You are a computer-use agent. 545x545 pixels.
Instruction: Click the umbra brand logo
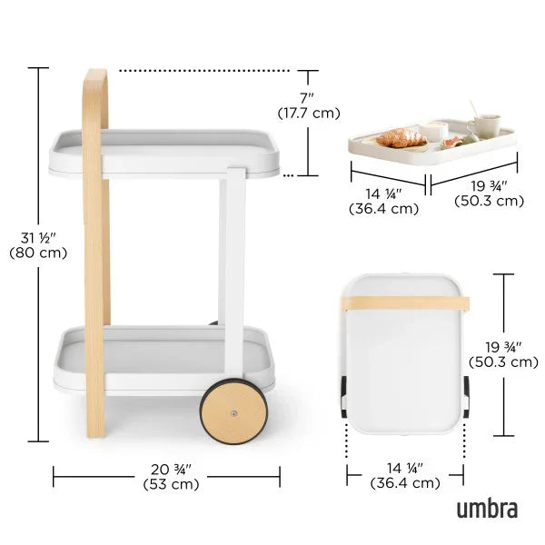click(487, 508)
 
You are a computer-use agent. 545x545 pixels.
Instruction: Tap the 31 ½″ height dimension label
click(37, 238)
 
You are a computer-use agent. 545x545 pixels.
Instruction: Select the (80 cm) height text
click(37, 253)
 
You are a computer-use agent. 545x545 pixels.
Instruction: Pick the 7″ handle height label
click(308, 97)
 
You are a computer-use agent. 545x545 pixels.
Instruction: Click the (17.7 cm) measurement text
click(309, 113)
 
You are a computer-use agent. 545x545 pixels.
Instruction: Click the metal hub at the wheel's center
click(235, 414)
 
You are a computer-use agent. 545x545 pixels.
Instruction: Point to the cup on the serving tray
click(484, 125)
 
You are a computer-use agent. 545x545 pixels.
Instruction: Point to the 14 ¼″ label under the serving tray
click(383, 193)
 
